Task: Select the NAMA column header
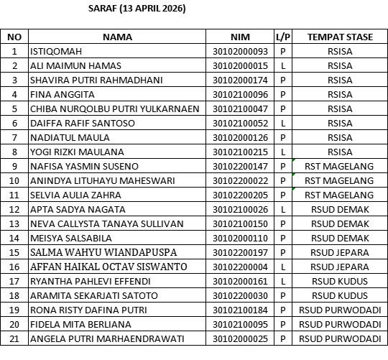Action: click(x=118, y=37)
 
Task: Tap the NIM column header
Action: click(x=239, y=37)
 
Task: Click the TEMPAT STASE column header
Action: click(x=339, y=37)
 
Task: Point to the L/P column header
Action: click(x=282, y=37)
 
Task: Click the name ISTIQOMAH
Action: click(x=55, y=52)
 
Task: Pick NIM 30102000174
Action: click(x=240, y=80)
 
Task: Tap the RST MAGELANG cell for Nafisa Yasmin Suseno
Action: click(x=339, y=167)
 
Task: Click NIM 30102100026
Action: click(x=240, y=210)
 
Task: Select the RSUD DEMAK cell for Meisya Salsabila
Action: click(x=339, y=239)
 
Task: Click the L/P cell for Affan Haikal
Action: click(x=282, y=267)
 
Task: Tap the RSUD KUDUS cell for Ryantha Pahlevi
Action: click(x=339, y=282)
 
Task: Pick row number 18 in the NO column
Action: click(x=14, y=296)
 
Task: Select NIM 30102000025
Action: click(x=240, y=339)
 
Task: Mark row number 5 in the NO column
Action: click(x=14, y=109)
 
